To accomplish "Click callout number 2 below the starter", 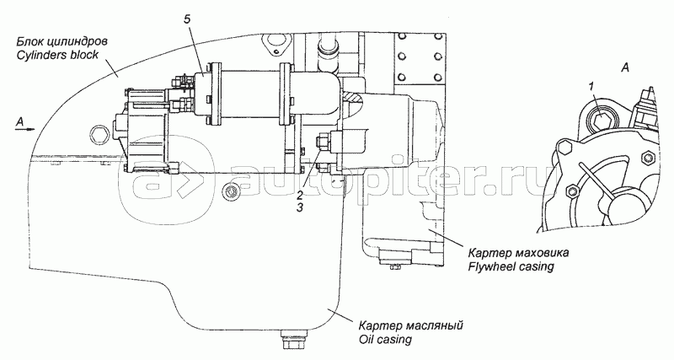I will point(300,193).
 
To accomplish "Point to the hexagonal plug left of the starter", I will point(101,133).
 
